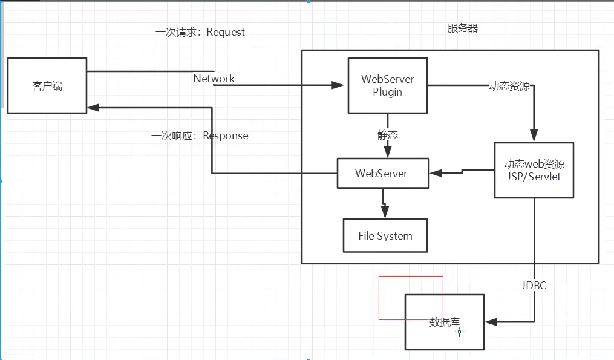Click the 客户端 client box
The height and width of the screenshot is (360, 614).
point(47,85)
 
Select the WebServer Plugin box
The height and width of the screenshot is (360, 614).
point(387,85)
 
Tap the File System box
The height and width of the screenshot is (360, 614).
point(385,235)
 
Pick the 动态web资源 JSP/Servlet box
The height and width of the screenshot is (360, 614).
point(534,170)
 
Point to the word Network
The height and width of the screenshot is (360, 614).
point(214,79)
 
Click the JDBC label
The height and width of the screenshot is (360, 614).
point(534,285)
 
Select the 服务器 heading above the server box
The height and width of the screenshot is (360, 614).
point(463,28)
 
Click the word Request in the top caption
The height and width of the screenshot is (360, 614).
point(226,32)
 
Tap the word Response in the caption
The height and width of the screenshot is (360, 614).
point(225,136)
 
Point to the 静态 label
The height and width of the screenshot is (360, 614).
point(388,135)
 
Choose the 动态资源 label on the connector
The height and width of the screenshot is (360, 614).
point(509,86)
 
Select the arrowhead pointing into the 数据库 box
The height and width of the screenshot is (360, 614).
point(491,321)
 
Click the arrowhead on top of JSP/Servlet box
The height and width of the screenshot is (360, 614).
point(534,136)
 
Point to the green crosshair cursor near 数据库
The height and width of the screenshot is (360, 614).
point(460,332)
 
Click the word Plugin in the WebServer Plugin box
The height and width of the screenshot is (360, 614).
point(387,92)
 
